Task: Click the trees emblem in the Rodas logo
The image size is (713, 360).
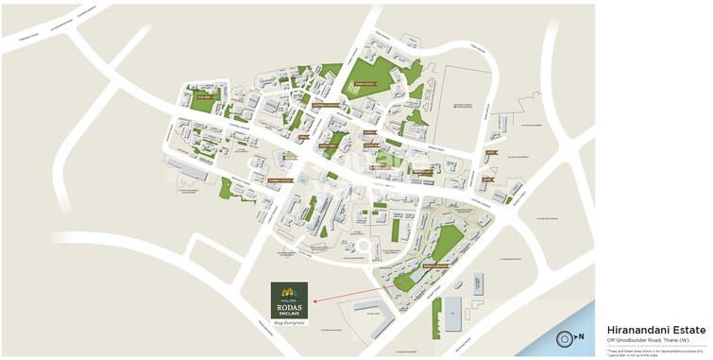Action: pos(290,291)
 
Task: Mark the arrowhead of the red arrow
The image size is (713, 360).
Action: pos(314,301)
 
